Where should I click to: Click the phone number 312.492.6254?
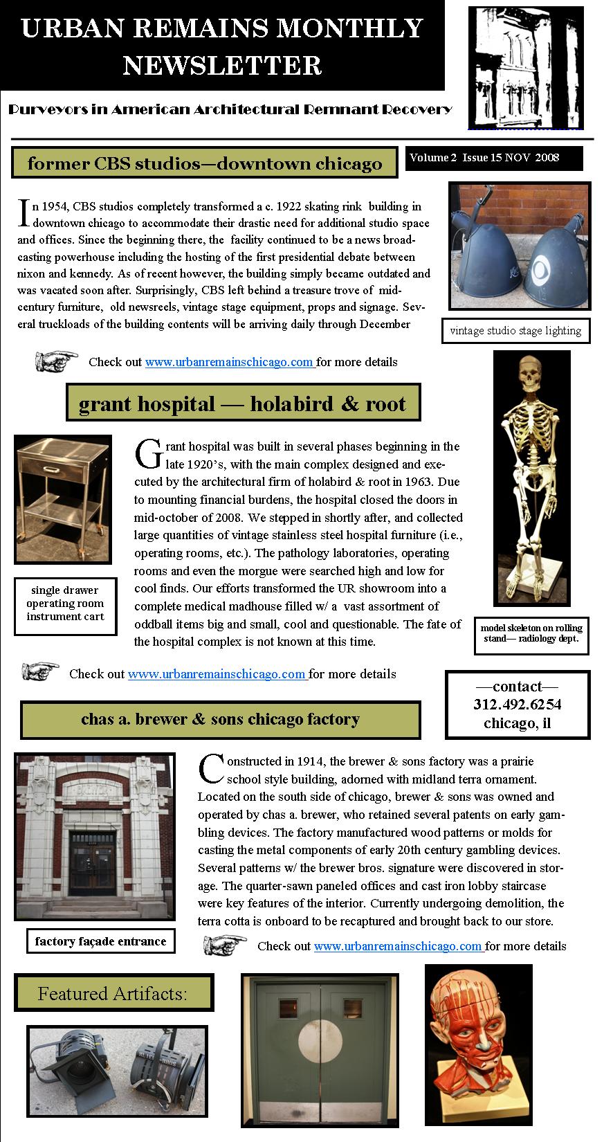518,705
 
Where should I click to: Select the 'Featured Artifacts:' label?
113,994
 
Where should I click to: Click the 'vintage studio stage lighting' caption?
515,331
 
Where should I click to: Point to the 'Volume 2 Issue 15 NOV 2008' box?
493,158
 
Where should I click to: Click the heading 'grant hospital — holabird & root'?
242,404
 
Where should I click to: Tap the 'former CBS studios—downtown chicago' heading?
205,163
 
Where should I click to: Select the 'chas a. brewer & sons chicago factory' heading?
220,719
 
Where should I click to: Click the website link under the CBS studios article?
230,362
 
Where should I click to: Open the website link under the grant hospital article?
217,673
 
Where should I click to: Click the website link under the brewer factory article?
399,945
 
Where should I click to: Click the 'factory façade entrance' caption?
100,941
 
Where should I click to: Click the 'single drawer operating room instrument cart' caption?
65,604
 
